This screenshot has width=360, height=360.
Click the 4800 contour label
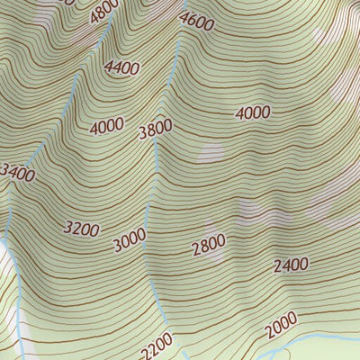[x=105, y=12]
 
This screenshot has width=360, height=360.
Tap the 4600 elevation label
[x=197, y=21]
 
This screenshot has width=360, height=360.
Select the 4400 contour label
[x=121, y=67]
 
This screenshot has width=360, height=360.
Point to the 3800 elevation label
[x=155, y=130]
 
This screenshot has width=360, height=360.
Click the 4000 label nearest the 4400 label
[x=107, y=127]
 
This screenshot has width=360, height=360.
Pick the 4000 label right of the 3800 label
[x=253, y=112]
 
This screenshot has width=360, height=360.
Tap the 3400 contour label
[x=17, y=172]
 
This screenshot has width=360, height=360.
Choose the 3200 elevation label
[x=81, y=229]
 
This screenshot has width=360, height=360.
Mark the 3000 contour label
[x=130, y=240]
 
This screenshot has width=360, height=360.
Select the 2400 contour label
[x=291, y=265]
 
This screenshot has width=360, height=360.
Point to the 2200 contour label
[x=157, y=344]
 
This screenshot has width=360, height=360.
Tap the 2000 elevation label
[x=281, y=325]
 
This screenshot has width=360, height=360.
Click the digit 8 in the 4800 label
[x=102, y=13]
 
